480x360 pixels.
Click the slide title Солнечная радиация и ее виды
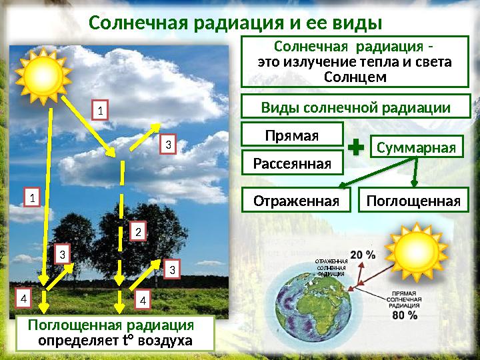click(235, 24)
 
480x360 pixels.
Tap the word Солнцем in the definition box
click(355, 77)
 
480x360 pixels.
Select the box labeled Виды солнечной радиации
click(355, 107)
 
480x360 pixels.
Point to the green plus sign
click(356, 149)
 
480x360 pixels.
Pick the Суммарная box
click(416, 146)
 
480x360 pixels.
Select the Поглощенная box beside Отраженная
click(413, 201)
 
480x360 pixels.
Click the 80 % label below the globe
click(405, 315)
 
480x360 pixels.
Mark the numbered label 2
click(137, 232)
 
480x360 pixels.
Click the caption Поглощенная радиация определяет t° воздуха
click(115, 333)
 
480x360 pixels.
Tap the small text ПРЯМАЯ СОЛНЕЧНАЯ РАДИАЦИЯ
click(405, 299)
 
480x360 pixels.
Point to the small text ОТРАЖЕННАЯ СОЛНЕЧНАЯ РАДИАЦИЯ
click(331, 267)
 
